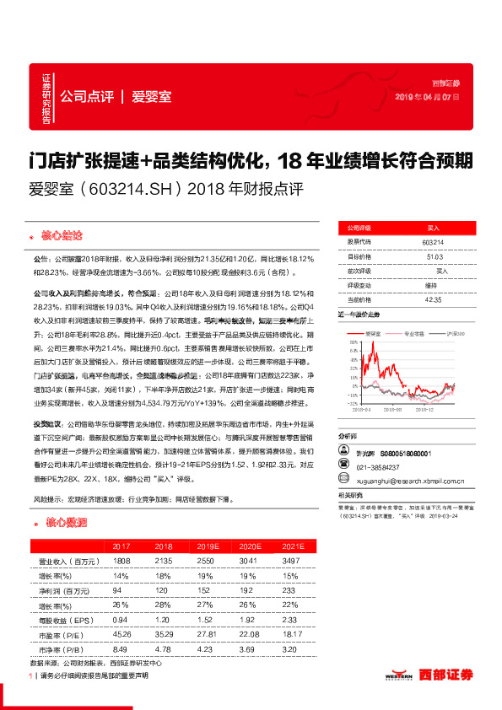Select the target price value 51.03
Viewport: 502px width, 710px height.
432,256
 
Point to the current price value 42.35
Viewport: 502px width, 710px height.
432,298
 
